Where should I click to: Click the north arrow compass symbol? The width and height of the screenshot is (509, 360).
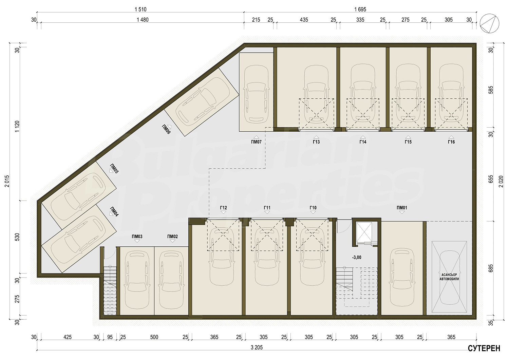click(x=489, y=23)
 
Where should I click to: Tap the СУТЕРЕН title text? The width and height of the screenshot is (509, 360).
click(x=484, y=348)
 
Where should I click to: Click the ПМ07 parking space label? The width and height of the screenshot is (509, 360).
click(x=256, y=142)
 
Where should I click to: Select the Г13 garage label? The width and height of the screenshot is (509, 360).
click(x=316, y=142)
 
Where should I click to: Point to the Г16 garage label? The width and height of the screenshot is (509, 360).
click(x=451, y=142)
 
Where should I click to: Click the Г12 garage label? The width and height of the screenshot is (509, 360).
click(x=223, y=208)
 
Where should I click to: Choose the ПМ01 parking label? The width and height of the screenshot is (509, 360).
click(x=402, y=208)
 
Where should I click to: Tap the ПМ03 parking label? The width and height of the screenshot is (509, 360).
click(x=137, y=236)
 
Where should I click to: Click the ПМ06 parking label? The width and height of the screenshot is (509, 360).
click(x=166, y=129)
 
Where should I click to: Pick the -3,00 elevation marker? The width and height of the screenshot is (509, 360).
click(x=357, y=258)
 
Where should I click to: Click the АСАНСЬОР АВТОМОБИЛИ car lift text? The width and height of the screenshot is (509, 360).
click(x=449, y=277)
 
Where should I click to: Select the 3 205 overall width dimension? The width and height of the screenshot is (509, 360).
click(x=257, y=347)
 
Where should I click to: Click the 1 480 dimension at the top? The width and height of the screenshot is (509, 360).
click(x=143, y=20)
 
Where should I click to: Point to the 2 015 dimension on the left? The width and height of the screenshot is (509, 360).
click(x=7, y=181)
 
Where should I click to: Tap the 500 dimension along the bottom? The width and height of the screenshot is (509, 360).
click(x=154, y=337)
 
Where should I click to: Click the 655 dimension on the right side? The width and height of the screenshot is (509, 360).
click(x=491, y=179)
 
